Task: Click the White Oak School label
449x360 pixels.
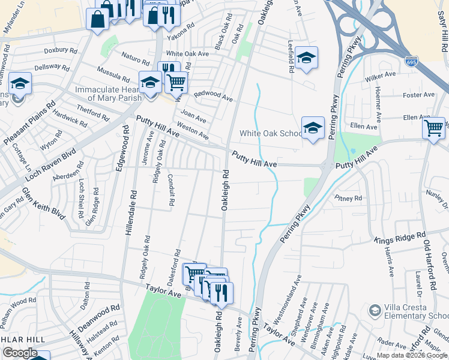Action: (271, 133)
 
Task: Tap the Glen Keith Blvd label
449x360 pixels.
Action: (43, 203)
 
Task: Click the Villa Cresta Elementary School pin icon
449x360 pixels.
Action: (375, 310)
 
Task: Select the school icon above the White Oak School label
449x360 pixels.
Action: (313, 128)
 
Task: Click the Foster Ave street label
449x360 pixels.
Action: (419, 95)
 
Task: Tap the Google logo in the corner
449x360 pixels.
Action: (20, 352)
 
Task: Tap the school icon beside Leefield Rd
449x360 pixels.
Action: (306, 58)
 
